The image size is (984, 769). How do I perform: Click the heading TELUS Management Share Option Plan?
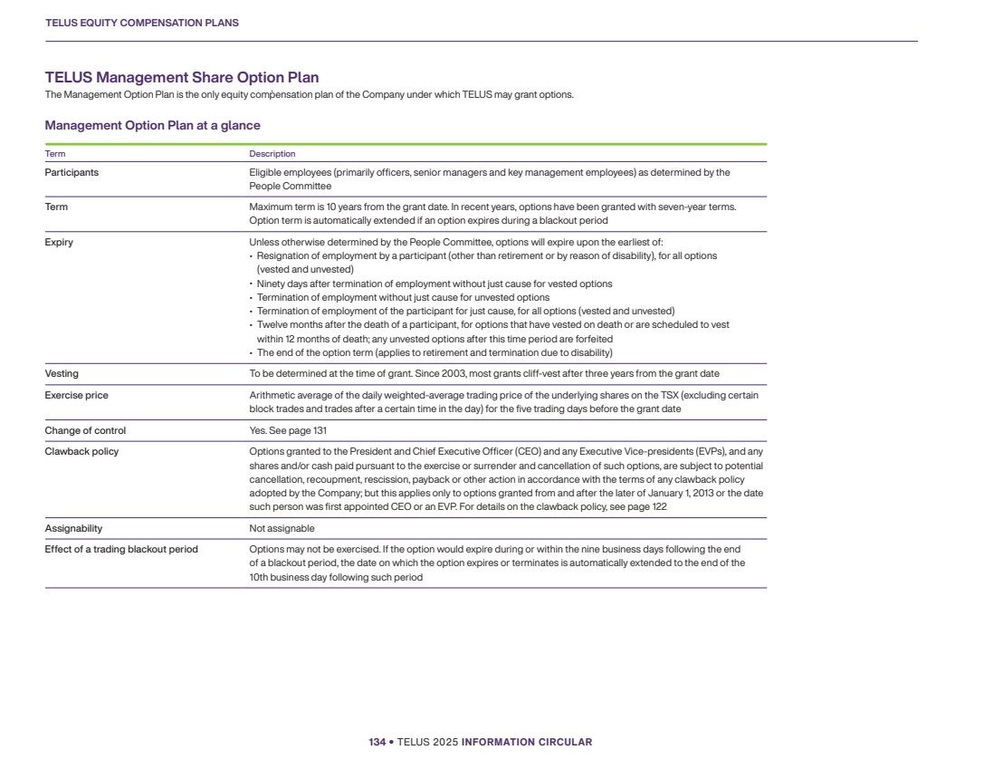click(181, 78)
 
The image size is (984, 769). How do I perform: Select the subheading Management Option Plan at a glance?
click(152, 125)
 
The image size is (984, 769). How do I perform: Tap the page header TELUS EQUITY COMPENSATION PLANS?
click(141, 23)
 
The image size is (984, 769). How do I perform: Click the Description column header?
click(272, 154)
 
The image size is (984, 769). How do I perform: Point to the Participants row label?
click(72, 172)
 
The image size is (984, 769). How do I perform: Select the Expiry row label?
click(59, 242)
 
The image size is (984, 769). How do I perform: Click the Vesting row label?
click(62, 373)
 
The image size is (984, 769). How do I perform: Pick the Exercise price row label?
click(76, 395)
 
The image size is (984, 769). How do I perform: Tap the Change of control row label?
click(85, 430)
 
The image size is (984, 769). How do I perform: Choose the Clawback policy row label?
click(81, 451)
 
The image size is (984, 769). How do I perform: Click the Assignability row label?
click(73, 528)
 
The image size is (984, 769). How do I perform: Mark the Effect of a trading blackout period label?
click(121, 549)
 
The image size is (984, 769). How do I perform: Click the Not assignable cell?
click(282, 528)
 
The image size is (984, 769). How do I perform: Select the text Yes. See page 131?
click(287, 430)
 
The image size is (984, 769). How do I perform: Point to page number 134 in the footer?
click(377, 742)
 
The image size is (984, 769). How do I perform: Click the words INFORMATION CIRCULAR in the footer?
click(526, 742)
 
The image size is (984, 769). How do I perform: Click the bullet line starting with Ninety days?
click(435, 284)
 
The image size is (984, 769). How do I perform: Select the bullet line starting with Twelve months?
click(492, 324)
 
